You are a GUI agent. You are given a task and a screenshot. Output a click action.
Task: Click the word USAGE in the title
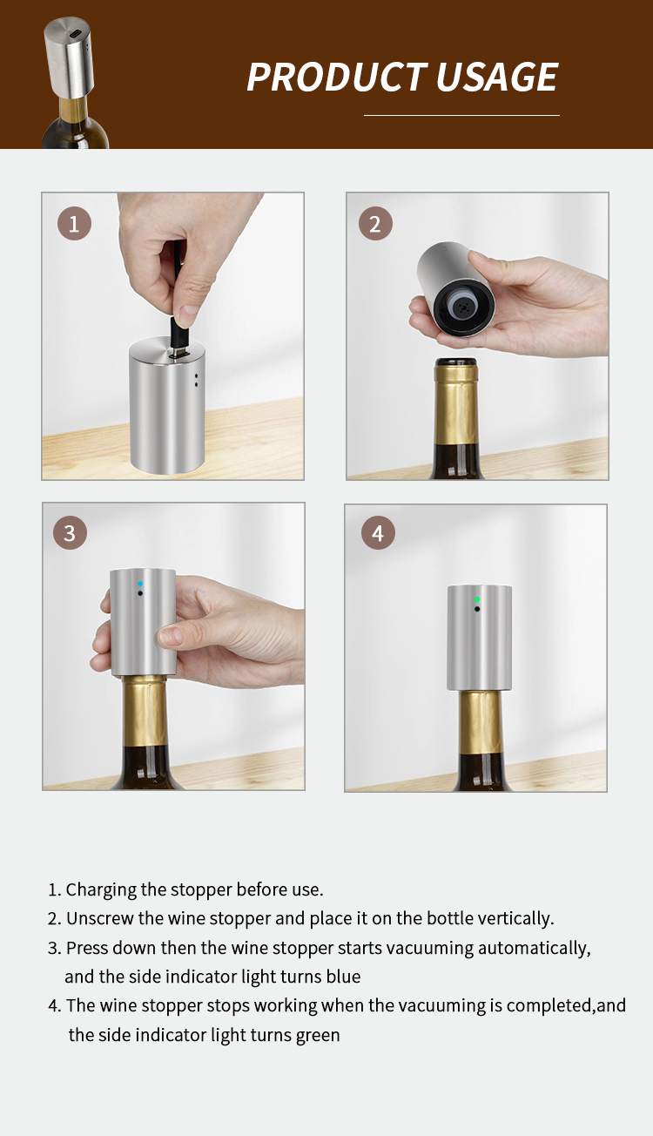pyautogui.click(x=497, y=77)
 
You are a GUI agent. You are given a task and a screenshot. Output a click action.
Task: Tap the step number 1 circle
pyautogui.click(x=74, y=224)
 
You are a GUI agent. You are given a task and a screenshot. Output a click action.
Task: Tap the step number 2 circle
pyautogui.click(x=375, y=224)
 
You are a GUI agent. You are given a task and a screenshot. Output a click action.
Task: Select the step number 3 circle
pyautogui.click(x=70, y=532)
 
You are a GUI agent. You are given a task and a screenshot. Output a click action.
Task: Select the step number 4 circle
pyautogui.click(x=378, y=532)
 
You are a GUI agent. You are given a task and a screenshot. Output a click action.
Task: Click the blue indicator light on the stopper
pyautogui.click(x=140, y=585)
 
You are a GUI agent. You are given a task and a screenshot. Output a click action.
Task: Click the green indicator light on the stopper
pyautogui.click(x=477, y=599)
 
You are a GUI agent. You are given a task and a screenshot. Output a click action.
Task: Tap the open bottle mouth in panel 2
pyautogui.click(x=456, y=362)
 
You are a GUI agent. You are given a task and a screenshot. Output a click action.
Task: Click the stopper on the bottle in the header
pyautogui.click(x=69, y=58)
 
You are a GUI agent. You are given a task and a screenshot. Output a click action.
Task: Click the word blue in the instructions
pyautogui.click(x=343, y=977)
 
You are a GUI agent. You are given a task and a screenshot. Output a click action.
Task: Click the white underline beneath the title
pyautogui.click(x=461, y=116)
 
